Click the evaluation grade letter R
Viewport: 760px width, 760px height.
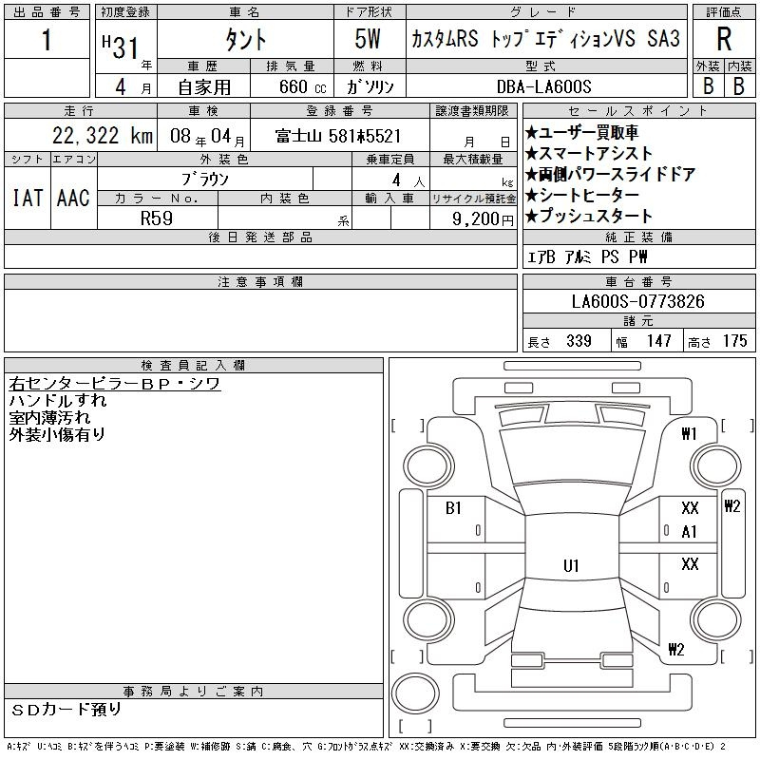724,39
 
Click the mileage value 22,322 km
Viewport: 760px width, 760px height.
103,136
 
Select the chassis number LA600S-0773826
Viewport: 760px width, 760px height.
637,301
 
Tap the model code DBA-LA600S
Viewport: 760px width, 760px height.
543,86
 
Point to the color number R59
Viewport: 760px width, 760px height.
157,218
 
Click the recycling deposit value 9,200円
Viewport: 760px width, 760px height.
483,219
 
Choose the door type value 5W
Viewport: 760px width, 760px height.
368,39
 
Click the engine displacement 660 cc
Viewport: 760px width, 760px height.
302,87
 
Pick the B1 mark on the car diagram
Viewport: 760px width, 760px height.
453,508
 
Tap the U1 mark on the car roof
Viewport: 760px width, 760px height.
571,565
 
